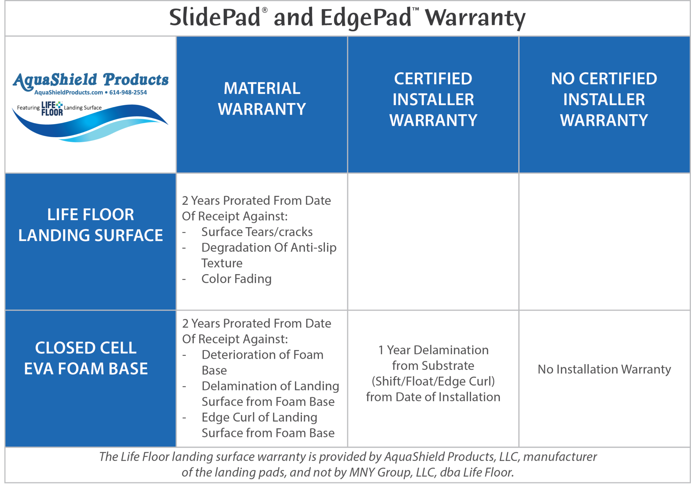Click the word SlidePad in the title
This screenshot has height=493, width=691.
coord(215,18)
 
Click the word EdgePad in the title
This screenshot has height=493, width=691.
coord(366,18)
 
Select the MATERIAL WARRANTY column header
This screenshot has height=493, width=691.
coord(262,99)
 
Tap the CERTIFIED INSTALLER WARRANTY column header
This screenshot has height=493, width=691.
coord(433,99)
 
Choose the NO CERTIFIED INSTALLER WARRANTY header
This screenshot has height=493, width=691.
coord(604,99)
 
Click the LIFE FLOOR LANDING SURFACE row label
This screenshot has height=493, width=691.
coord(90,225)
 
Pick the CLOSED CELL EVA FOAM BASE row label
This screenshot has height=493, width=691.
coord(86,358)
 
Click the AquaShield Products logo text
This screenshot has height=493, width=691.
coord(90,80)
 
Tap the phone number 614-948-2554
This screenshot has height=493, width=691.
coord(128,92)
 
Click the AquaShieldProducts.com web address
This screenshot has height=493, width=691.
coord(68,92)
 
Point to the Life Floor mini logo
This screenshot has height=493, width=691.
coord(52,108)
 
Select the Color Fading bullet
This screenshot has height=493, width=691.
coord(236,279)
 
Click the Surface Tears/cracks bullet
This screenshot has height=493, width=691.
coord(257,232)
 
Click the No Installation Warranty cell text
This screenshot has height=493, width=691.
coord(604,369)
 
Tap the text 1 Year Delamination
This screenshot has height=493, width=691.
coord(433,350)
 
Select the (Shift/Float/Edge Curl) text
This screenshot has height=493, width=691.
coord(433,381)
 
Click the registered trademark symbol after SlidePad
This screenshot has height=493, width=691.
coord(265,10)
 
